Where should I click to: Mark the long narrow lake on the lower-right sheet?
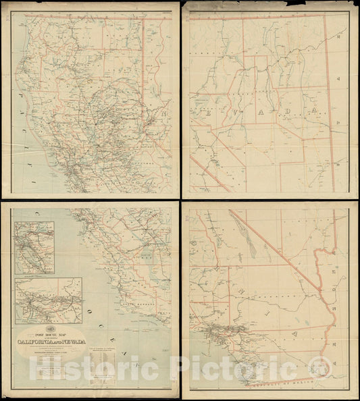click(251, 244)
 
